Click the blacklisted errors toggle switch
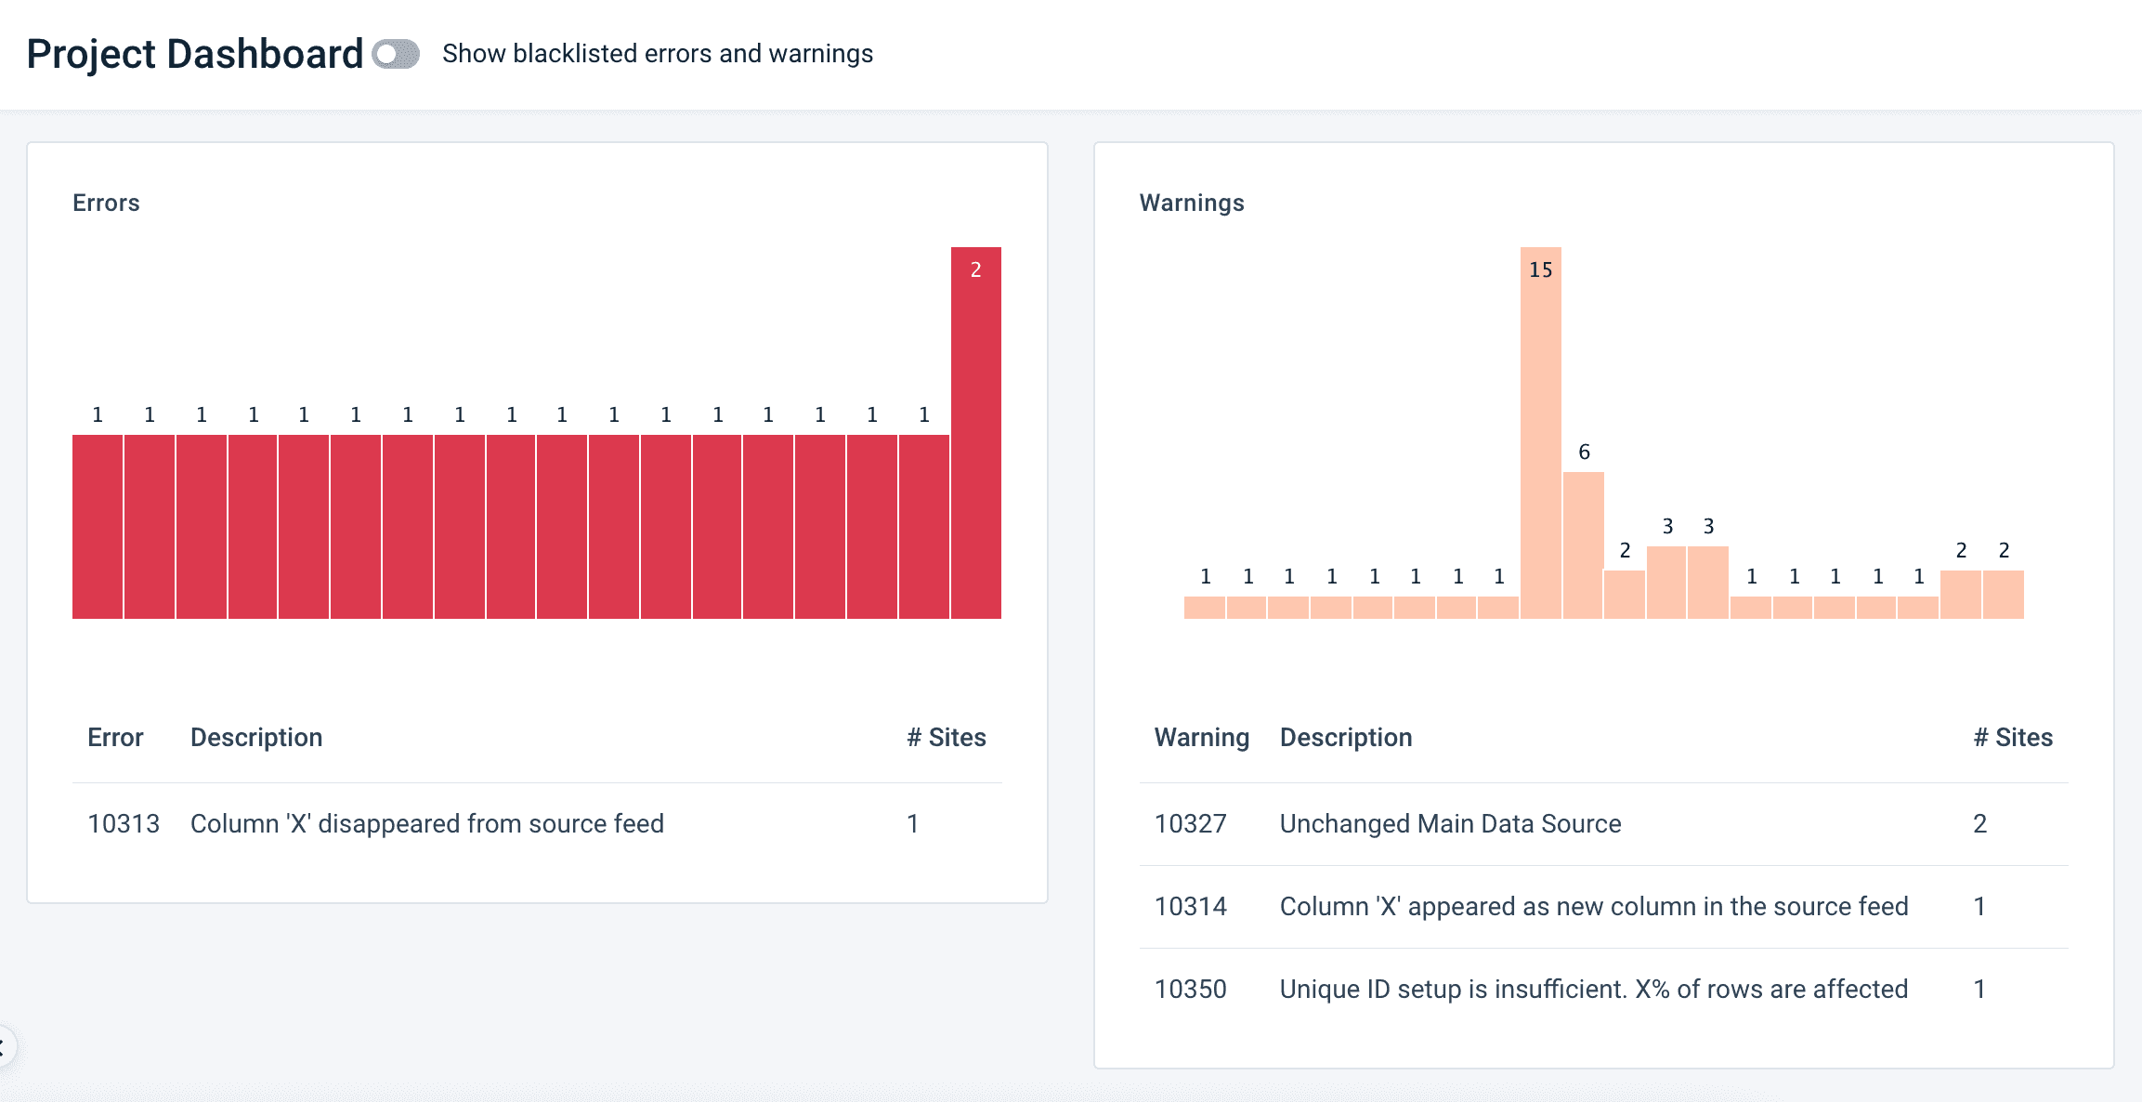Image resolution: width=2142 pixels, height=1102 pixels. [396, 54]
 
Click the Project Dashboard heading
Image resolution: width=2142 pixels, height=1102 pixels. [195, 54]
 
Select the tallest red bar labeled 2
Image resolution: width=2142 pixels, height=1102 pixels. [975, 437]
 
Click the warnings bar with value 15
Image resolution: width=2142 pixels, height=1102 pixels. [1540, 446]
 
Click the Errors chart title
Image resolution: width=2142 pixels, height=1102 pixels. [106, 203]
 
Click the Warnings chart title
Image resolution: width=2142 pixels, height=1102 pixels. [1192, 203]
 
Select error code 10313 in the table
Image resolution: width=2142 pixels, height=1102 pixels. [124, 823]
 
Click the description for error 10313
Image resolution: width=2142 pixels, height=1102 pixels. [427, 823]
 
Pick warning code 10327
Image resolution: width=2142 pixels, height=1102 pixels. [1191, 823]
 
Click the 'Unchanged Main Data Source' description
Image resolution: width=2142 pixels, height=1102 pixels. [1450, 823]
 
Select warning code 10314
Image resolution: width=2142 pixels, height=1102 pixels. [1191, 906]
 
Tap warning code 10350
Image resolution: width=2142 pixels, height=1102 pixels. [1191, 989]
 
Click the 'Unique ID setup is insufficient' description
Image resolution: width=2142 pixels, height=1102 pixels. [1594, 989]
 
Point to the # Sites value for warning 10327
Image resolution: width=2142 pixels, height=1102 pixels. [1980, 823]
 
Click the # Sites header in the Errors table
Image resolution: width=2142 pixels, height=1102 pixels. [947, 738]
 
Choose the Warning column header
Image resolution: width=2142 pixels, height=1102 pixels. [1202, 738]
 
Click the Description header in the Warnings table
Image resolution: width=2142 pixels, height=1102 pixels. [1346, 738]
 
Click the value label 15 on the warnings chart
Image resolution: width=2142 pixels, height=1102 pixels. [1541, 269]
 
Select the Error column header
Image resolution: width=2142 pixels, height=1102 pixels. [115, 738]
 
